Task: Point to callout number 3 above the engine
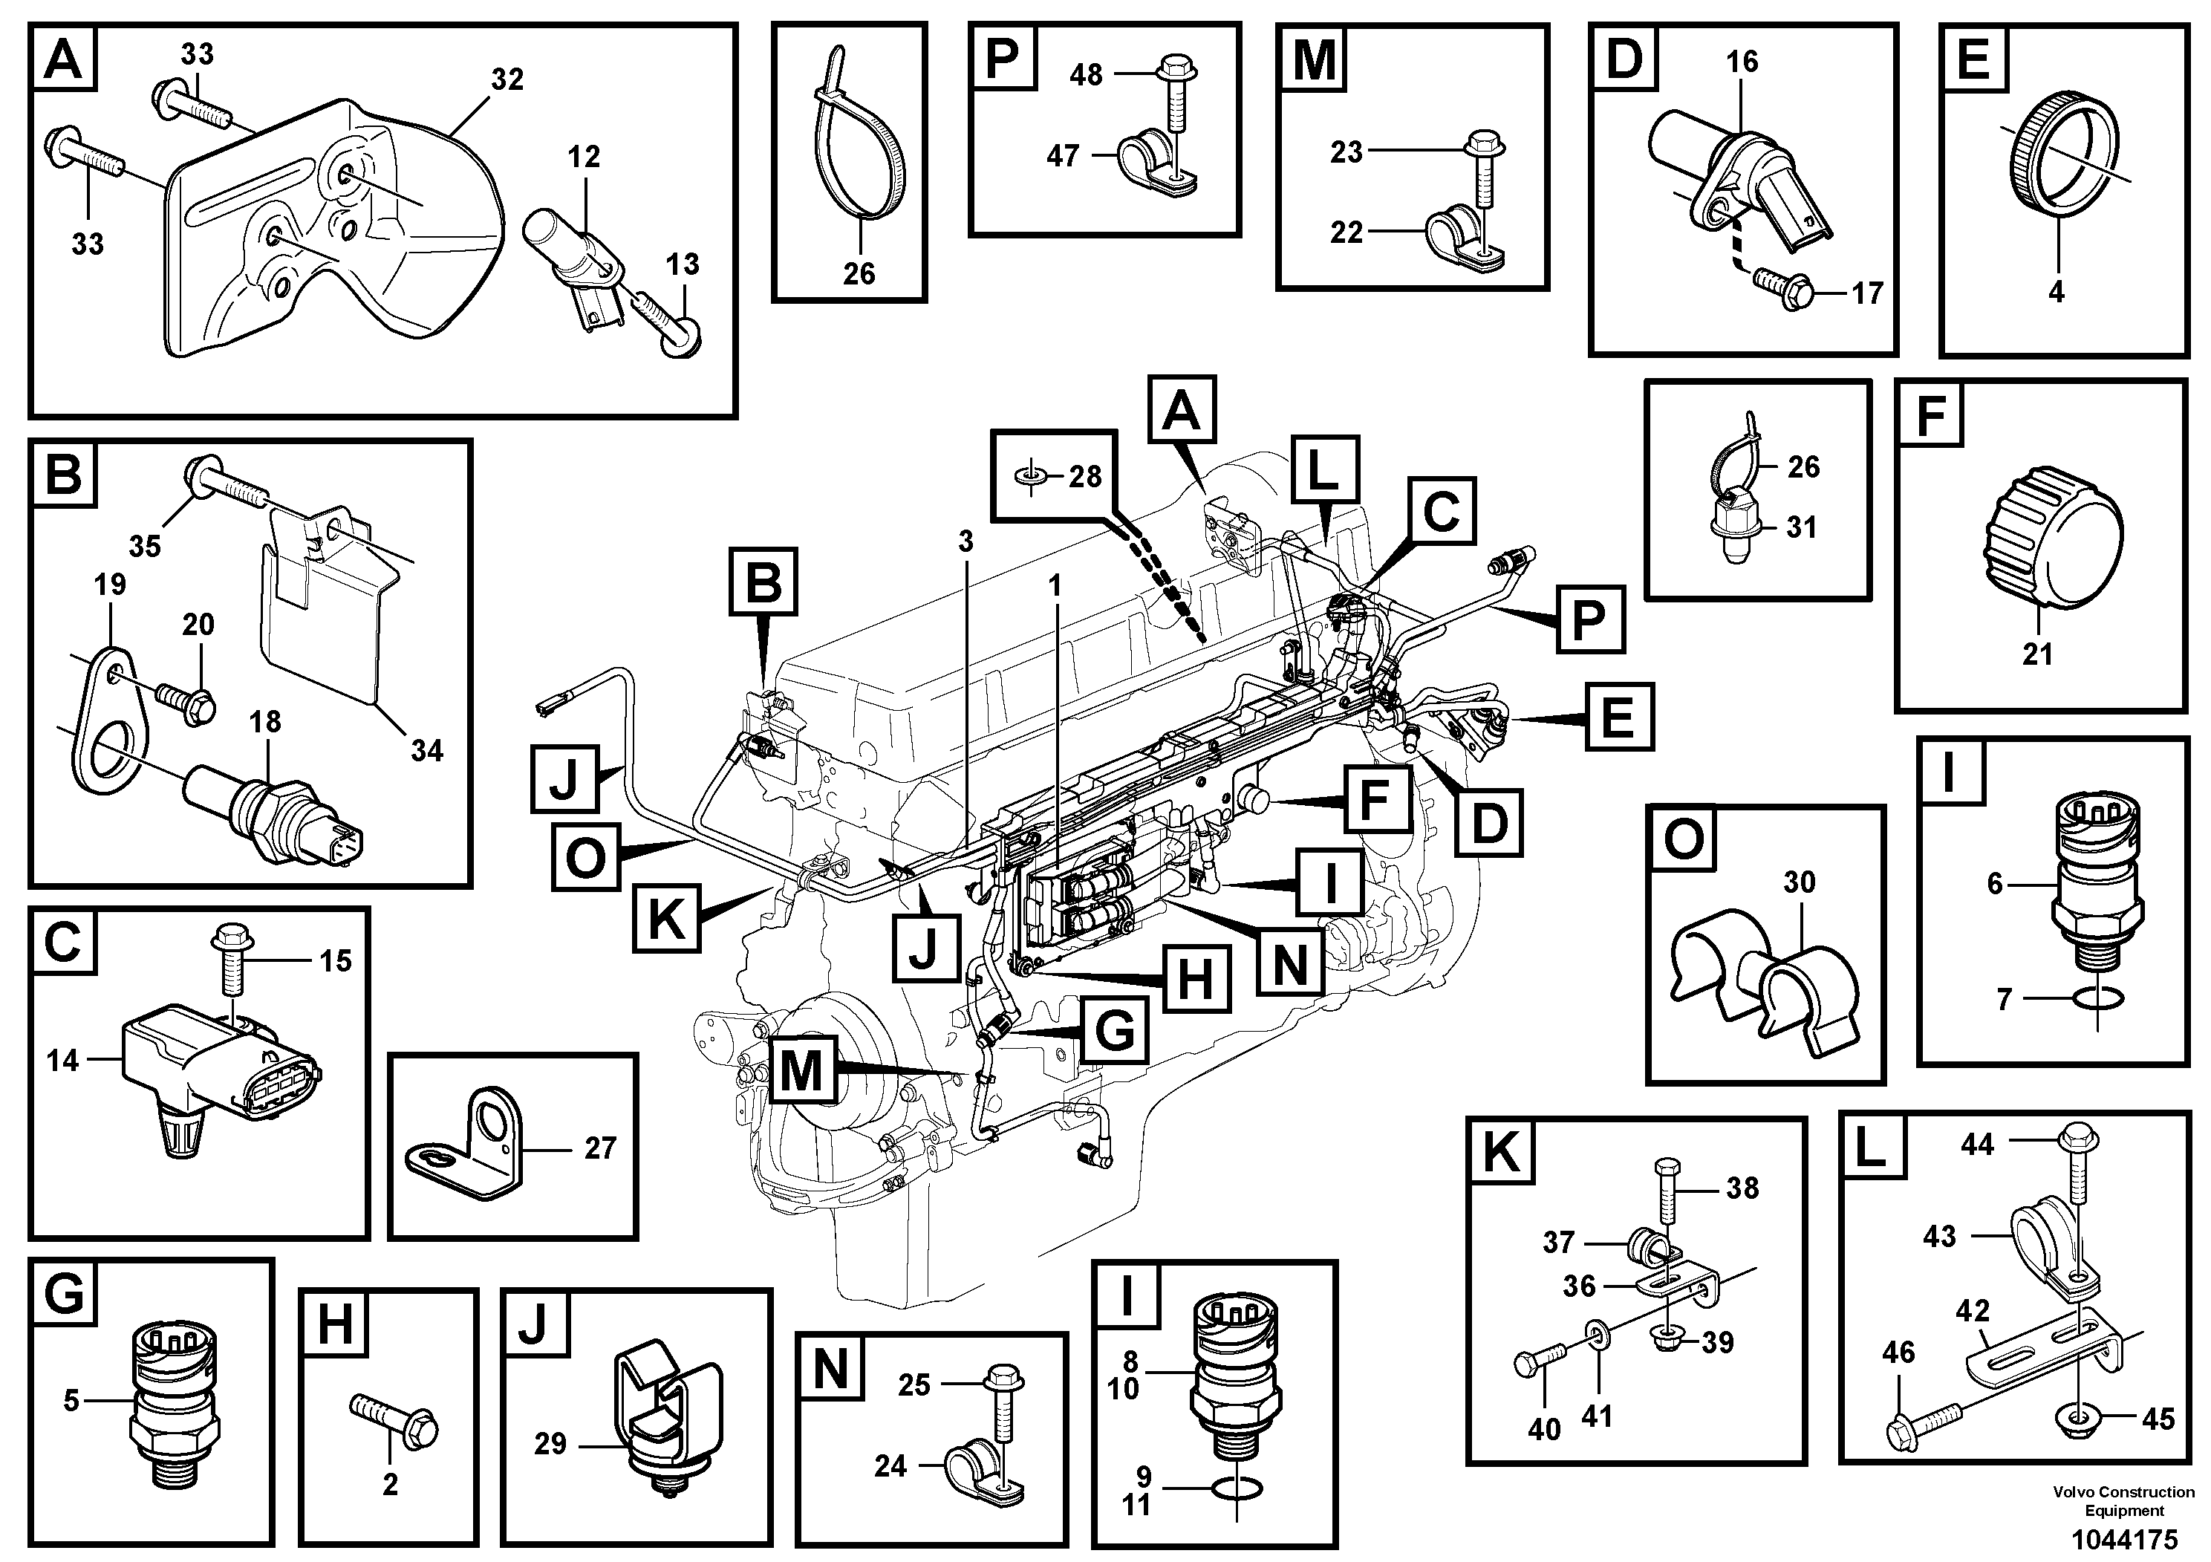966,541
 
